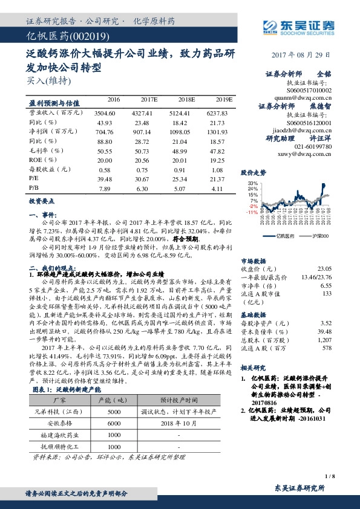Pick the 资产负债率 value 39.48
325,331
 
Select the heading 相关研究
255,368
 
